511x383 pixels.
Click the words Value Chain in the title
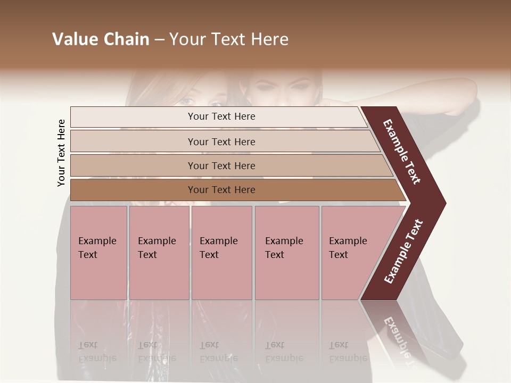pyautogui.click(x=101, y=39)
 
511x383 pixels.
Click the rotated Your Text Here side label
pyautogui.click(x=62, y=153)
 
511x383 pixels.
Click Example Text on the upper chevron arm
pyautogui.click(x=402, y=152)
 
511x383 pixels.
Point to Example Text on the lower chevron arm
pyautogui.click(x=404, y=252)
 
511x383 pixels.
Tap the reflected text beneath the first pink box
pyautogui.click(x=97, y=351)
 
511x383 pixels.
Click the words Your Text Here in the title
pyautogui.click(x=229, y=39)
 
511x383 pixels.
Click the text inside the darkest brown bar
pyautogui.click(x=221, y=190)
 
